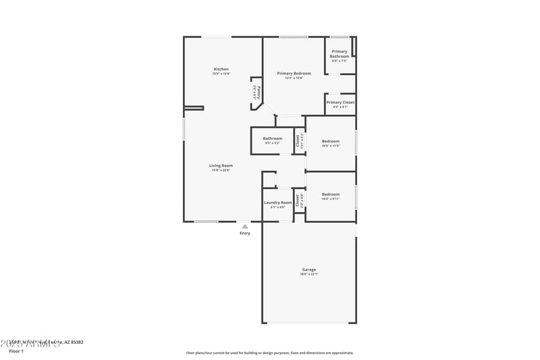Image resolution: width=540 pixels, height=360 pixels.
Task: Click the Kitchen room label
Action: point(221,69)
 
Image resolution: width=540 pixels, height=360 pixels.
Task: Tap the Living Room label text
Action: point(221,165)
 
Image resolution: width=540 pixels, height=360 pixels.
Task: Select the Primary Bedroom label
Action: point(294,73)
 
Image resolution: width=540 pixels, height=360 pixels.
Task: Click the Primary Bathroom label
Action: point(340,54)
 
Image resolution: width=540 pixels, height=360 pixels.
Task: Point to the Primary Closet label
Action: point(340,102)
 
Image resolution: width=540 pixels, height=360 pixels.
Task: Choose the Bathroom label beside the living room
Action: point(273,138)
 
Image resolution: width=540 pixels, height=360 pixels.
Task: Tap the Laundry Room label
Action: point(277,203)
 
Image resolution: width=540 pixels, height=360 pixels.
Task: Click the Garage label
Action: point(309,269)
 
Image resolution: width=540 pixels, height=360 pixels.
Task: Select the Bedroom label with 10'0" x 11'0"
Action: point(331,141)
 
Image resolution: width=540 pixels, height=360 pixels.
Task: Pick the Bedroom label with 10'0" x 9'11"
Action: point(331,194)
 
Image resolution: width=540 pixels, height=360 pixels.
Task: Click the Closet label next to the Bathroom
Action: point(298,140)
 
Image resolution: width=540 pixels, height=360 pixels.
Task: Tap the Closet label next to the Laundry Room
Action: point(298,200)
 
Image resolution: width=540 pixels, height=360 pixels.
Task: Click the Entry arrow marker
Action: point(245,226)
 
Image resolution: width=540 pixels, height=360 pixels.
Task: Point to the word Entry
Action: point(245,234)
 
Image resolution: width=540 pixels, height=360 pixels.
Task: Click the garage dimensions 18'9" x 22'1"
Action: point(309,274)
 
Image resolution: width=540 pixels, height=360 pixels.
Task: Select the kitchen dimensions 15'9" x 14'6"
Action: point(221,74)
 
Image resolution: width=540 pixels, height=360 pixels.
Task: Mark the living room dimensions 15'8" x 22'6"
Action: point(221,170)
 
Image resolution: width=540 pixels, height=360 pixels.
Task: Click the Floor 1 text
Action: point(16,351)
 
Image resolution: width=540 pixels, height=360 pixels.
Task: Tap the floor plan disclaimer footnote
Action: point(270,353)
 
